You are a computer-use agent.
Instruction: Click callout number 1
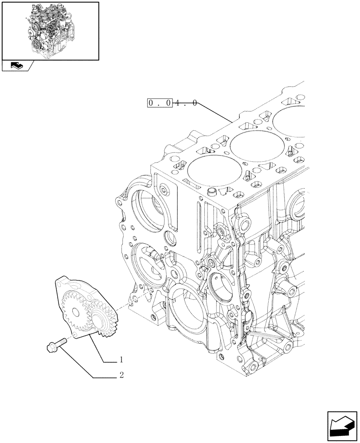pos(120,360)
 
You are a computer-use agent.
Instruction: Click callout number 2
pos(120,376)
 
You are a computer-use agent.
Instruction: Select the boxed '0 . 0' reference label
pos(160,104)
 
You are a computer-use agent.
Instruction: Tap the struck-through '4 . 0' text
pos(185,104)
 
